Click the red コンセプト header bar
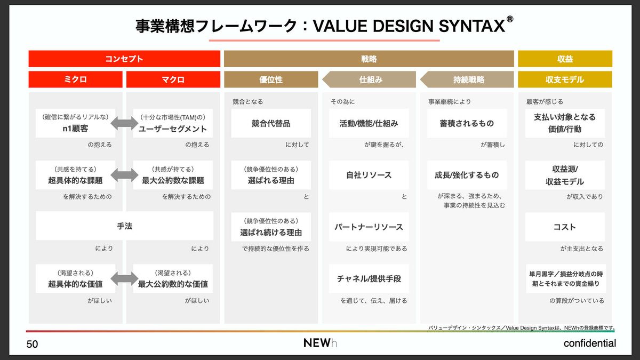124,59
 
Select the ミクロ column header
75,79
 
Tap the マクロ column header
173,79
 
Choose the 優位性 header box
271,79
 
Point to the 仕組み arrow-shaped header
369,79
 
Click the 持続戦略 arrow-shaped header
467,79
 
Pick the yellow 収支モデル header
565,79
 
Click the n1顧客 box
75,123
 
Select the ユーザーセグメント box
173,123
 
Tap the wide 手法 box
125,226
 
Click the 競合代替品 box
271,123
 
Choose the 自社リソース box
369,175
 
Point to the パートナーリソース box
369,227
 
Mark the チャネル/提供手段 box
369,278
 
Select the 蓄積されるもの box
467,123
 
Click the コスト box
565,227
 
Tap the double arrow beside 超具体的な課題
124,175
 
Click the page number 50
32,345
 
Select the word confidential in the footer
590,343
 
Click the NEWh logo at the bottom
321,343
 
